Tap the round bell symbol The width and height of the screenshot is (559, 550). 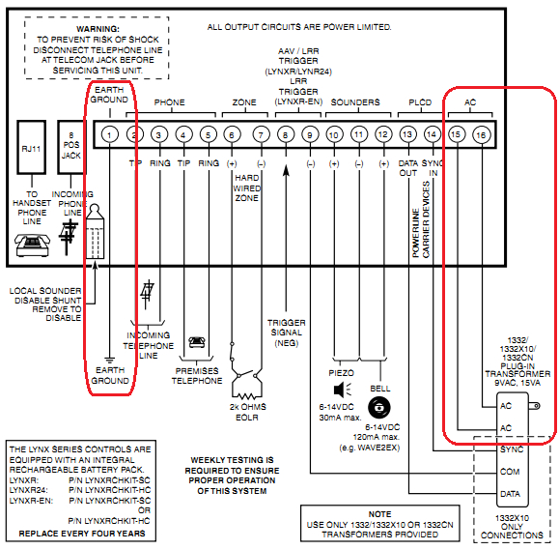coord(382,407)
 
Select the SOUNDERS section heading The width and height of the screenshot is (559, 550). coord(355,101)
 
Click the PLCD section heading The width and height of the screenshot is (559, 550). coord(420,101)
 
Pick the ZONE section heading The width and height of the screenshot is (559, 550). coord(245,101)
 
